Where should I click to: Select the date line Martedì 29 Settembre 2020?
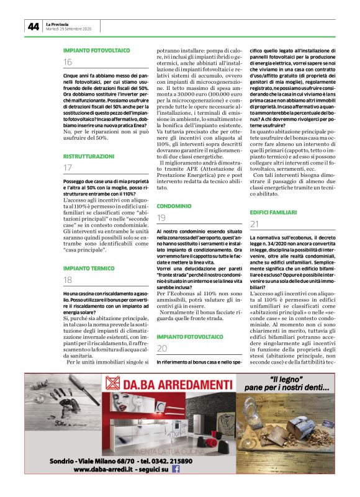click(69, 29)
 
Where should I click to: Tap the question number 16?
click(68, 61)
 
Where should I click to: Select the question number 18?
click(68, 280)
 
